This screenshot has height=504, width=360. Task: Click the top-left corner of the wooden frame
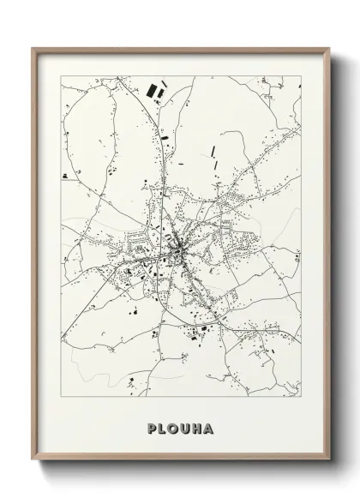point(33,48)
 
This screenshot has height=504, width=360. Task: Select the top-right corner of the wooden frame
point(327,48)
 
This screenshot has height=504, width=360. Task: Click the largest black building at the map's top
point(155,89)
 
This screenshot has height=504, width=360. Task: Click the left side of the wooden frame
point(34,257)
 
